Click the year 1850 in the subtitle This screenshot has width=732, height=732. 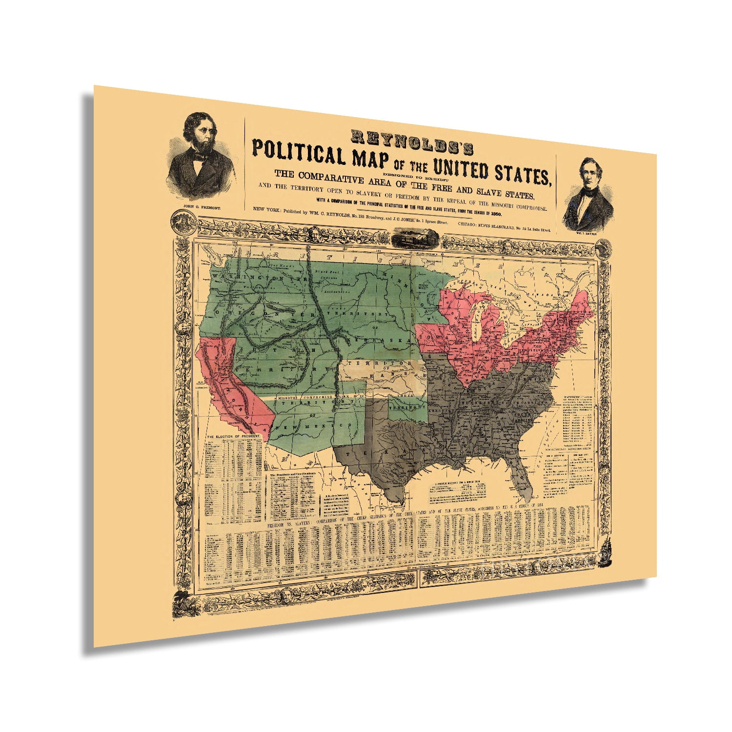coord(493,200)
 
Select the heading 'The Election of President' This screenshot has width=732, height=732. coord(232,436)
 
